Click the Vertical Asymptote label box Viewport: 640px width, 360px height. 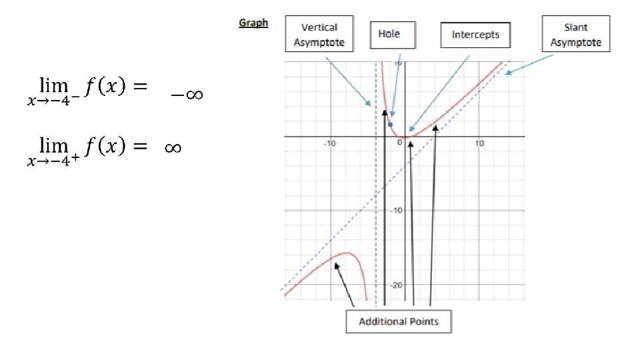click(319, 33)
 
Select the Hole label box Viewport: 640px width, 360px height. click(393, 34)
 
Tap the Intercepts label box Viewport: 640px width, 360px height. click(475, 35)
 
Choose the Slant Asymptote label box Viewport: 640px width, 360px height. click(575, 33)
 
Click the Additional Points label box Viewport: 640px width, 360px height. click(399, 321)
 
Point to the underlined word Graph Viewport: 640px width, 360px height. click(253, 23)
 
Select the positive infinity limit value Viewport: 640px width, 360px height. click(172, 147)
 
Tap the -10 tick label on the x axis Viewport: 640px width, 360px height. click(329, 143)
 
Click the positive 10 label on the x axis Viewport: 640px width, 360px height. click(479, 143)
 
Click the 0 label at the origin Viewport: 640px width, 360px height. click(399, 143)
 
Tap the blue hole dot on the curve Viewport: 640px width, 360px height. click(391, 125)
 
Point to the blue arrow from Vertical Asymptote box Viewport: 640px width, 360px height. click(348, 81)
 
